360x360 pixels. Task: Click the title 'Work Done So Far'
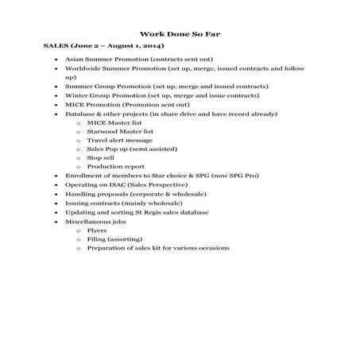[179, 34]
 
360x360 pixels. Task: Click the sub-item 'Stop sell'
[101, 157]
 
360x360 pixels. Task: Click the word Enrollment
[84, 174]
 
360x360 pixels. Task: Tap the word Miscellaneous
[87, 221]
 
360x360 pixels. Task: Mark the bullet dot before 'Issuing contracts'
[56, 203]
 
